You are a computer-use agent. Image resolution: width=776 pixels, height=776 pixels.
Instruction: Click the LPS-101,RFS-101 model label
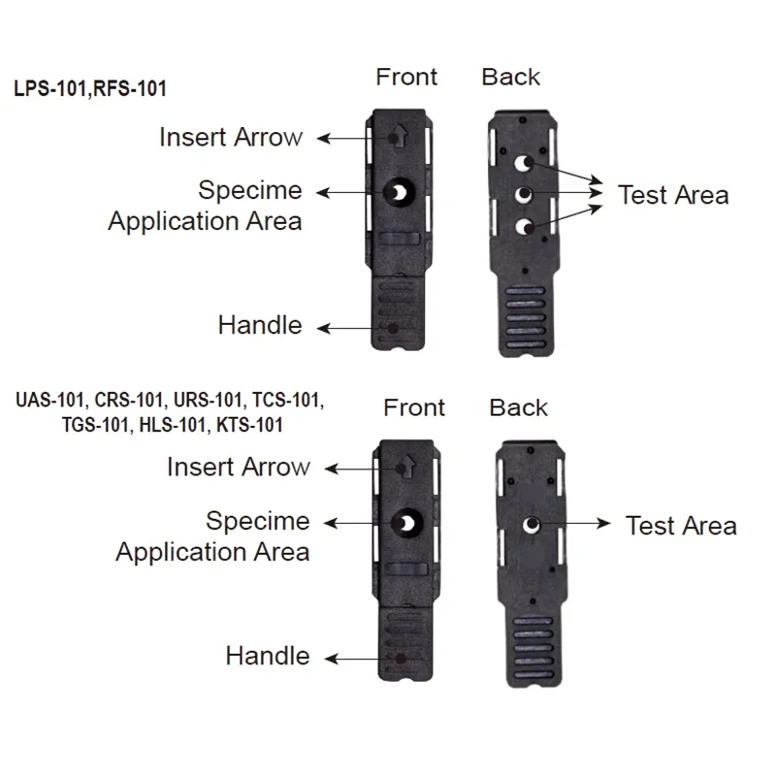tap(90, 89)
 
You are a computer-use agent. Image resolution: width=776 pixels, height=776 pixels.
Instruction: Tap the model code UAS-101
tap(49, 400)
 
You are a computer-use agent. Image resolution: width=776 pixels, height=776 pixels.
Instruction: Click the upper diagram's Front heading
tap(406, 77)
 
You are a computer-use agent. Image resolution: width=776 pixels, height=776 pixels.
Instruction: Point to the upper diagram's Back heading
tap(511, 77)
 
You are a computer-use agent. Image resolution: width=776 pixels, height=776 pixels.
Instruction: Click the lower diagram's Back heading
tap(519, 407)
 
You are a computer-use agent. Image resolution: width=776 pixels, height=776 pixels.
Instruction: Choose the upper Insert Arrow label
tap(231, 138)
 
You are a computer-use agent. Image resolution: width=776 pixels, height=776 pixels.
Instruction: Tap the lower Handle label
tap(268, 656)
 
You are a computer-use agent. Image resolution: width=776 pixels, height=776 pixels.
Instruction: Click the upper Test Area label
tap(673, 195)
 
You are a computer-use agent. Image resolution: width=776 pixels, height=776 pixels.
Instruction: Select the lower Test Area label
tap(681, 526)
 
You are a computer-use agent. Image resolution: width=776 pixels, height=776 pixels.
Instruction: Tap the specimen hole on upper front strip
tap(397, 193)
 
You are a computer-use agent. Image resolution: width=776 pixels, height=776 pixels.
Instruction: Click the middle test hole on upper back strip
tap(523, 196)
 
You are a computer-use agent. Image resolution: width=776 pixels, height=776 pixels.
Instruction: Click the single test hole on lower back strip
tap(531, 526)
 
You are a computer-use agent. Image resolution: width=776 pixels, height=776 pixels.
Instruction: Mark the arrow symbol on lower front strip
tap(404, 467)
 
